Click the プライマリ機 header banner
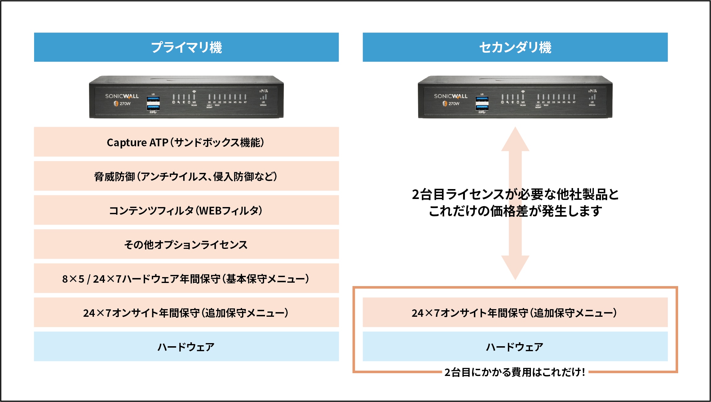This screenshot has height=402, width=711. coord(186,47)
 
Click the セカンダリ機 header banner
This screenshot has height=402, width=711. coord(515,47)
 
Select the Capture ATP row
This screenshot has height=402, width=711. coord(186,142)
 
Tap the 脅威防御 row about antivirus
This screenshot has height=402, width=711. coord(186,176)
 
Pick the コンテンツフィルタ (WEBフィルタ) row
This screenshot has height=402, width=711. coord(186,210)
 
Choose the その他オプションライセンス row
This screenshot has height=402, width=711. coord(186,244)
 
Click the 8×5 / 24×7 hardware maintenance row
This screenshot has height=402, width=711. coord(186,278)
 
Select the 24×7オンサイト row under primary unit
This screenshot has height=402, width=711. coord(186,312)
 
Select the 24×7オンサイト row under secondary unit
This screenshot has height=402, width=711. coord(515,312)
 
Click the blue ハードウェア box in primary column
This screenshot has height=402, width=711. coord(186,347)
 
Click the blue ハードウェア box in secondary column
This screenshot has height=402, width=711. coord(515,347)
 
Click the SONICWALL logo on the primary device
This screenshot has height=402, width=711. coord(122,96)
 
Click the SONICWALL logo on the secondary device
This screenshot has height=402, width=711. coord(451,96)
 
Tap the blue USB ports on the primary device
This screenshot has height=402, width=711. coord(153,103)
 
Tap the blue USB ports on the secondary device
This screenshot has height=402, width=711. coord(482,103)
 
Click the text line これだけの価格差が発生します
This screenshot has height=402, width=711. coord(515,211)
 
